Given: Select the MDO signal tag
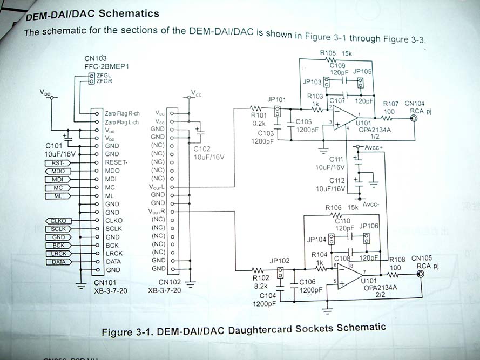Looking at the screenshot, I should [x=58, y=171].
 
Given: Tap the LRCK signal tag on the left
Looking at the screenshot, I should [x=59, y=253].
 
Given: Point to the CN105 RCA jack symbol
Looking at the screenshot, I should [x=420, y=275].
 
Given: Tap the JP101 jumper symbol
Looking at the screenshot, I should [x=278, y=111].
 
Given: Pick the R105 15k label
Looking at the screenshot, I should [x=335, y=53].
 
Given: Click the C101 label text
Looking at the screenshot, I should [x=55, y=146].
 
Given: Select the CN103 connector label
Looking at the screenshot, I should [x=95, y=58].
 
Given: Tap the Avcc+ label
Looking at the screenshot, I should [x=374, y=147].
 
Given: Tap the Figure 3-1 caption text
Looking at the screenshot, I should [x=244, y=330].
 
